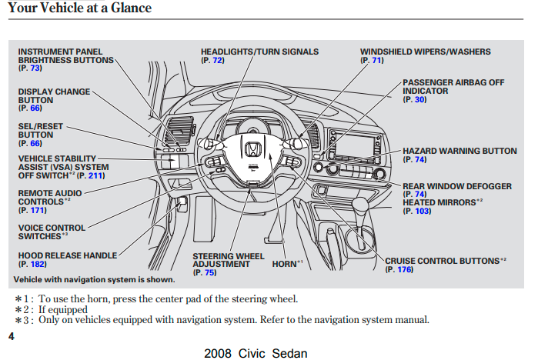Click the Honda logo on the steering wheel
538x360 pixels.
[x=253, y=150]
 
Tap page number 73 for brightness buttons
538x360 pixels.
[x=35, y=68]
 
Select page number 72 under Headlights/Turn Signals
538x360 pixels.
[x=218, y=60]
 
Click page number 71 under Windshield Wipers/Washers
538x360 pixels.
[x=376, y=60]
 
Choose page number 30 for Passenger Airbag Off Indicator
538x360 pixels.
[x=419, y=100]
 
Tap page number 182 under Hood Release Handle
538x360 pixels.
[x=38, y=264]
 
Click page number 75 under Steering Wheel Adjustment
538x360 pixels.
[x=209, y=272]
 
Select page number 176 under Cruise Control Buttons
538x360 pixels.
[x=404, y=269]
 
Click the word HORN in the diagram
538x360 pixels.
[x=285, y=264]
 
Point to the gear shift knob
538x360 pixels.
[x=360, y=204]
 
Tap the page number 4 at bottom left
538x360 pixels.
[x=12, y=336]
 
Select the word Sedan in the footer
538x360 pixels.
[x=289, y=354]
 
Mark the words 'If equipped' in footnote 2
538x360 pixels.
[x=63, y=309]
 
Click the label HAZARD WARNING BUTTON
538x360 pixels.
[x=459, y=152]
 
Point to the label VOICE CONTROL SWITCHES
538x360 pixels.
[x=52, y=232]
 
